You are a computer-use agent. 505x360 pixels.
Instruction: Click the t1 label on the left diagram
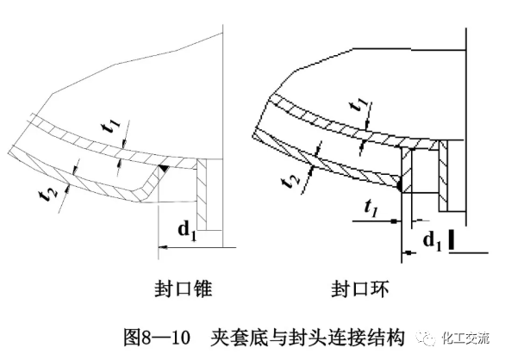110,127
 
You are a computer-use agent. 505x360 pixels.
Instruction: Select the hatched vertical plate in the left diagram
202,191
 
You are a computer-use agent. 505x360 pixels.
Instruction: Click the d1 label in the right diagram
429,241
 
